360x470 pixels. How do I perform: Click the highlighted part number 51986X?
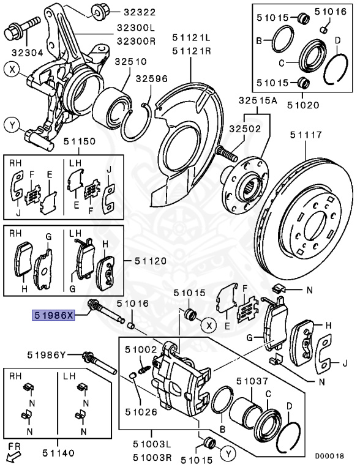53,315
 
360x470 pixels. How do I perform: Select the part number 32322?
140,12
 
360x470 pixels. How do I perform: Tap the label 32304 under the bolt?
28,53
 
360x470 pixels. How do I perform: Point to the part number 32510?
131,62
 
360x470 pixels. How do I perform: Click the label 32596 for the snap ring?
151,78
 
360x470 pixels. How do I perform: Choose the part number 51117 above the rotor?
306,135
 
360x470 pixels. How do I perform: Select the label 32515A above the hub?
258,101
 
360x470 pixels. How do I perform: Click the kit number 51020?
302,105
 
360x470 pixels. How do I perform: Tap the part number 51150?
79,141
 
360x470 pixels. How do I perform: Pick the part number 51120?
150,261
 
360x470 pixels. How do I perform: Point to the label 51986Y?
46,355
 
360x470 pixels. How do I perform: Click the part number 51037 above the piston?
252,381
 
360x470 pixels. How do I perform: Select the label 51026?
141,412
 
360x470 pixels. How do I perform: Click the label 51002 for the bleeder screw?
141,349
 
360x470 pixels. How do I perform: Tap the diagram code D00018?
329,457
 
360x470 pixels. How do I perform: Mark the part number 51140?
58,453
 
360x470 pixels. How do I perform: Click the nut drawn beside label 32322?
99,12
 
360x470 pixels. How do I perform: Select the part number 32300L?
136,29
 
